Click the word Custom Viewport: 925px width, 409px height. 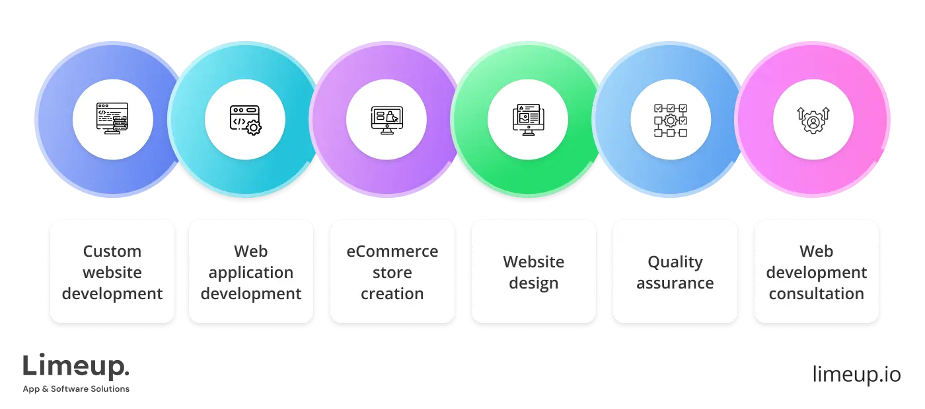112,251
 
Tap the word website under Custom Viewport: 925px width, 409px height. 112,273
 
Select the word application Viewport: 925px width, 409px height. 251,273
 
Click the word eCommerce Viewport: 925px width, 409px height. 392,251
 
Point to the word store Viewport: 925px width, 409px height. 392,273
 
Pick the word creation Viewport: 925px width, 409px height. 392,294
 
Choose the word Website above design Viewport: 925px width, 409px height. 534,262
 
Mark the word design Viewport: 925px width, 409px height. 534,283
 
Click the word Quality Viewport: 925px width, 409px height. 675,262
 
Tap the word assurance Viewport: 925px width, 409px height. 675,283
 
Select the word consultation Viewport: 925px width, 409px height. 817,294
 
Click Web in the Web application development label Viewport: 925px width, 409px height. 251,251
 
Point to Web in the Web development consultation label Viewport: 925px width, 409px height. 817,251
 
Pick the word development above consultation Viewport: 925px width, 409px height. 817,273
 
